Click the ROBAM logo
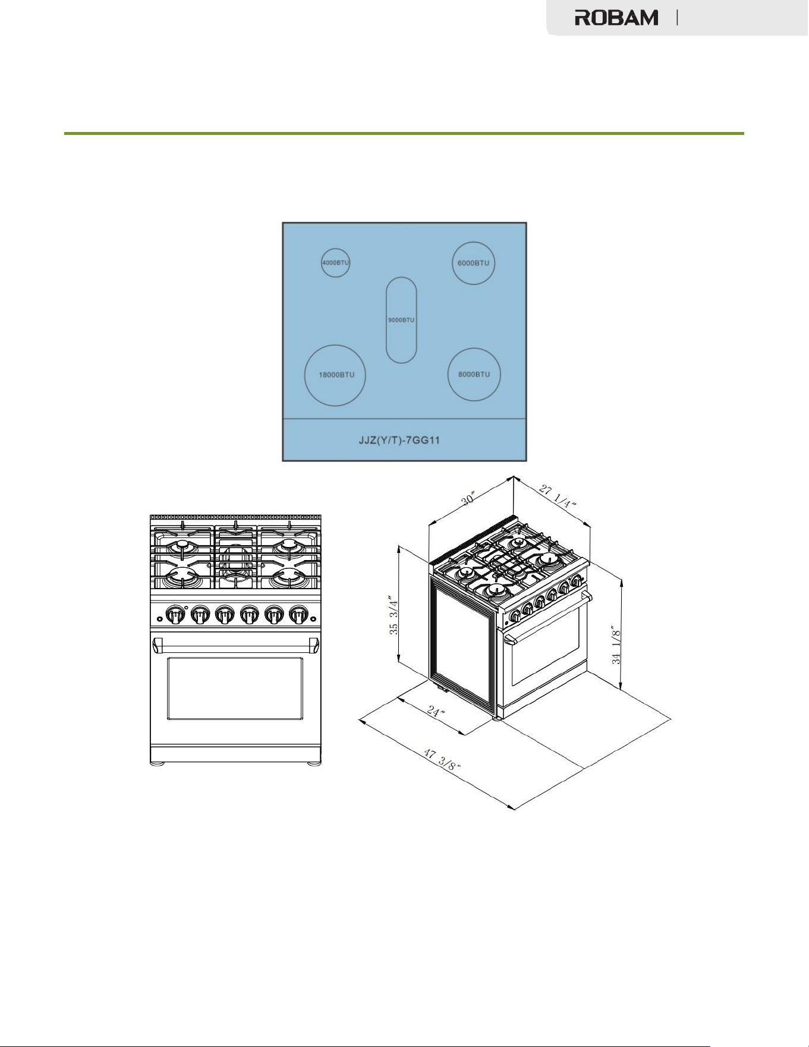pyautogui.click(x=616, y=18)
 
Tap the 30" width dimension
pyautogui.click(x=469, y=498)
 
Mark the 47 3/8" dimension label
pyautogui.click(x=442, y=759)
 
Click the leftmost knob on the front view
pyautogui.click(x=175, y=614)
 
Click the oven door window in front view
pyautogui.click(x=235, y=688)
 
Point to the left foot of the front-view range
pyautogui.click(x=158, y=763)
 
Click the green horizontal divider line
pyautogui.click(x=404, y=133)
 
